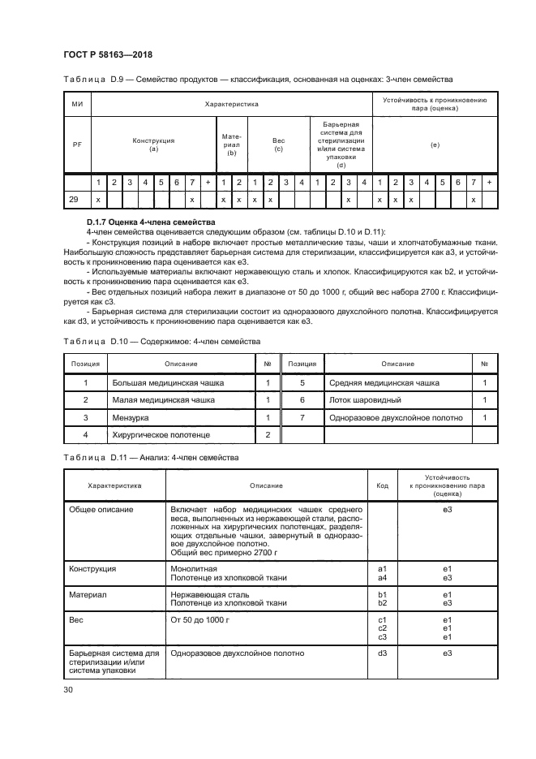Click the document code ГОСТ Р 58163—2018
click(108, 55)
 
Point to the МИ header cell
click(77, 105)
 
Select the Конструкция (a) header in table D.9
click(152, 145)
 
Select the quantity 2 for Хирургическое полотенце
click(268, 435)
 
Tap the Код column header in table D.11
click(382, 485)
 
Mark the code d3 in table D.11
click(382, 653)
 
